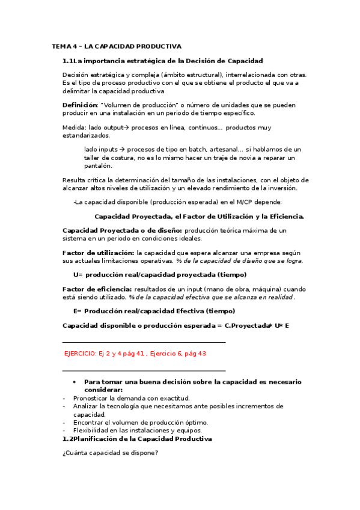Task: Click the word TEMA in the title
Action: [x=61, y=46]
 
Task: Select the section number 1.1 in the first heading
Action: [x=68, y=61]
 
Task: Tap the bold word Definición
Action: [x=79, y=105]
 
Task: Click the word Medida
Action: [x=73, y=127]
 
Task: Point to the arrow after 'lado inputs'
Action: [x=122, y=149]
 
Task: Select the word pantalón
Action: [x=98, y=166]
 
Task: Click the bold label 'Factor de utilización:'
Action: [x=99, y=253]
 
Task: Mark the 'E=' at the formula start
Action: [x=78, y=311]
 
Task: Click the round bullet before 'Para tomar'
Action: [x=74, y=382]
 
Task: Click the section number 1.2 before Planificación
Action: [x=68, y=439]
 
